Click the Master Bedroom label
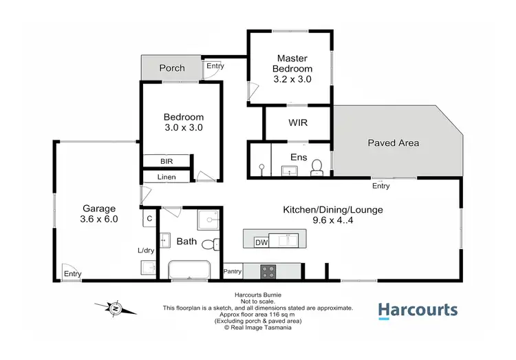(292, 63)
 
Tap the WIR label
(298, 123)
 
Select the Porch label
(172, 68)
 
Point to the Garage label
(100, 208)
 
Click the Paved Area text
(393, 143)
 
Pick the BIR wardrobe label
(166, 161)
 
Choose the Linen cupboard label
(166, 177)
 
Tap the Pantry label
(233, 271)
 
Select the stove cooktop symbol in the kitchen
(268, 271)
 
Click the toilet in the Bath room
(216, 243)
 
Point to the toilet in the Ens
(317, 166)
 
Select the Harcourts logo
(418, 310)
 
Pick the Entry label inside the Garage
(73, 274)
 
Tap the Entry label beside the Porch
(215, 67)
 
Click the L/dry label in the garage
(146, 250)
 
